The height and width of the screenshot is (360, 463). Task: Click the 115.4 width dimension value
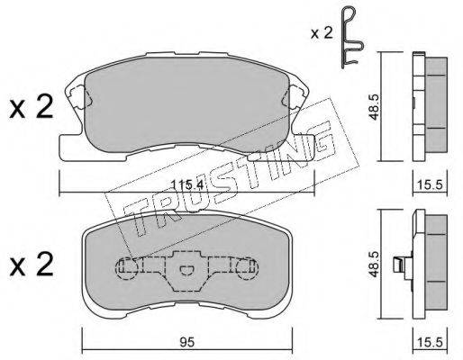click(x=187, y=185)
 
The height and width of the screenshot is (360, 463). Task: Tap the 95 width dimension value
click(x=186, y=342)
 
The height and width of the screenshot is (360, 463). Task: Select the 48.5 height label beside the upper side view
click(x=374, y=107)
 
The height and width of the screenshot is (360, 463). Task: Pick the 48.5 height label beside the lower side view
click(x=374, y=264)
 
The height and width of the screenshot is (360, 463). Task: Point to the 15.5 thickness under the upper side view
click(x=430, y=185)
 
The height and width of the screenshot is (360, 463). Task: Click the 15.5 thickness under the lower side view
click(x=430, y=342)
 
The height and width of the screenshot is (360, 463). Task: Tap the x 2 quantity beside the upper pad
click(x=32, y=107)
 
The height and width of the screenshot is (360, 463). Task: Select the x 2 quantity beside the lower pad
click(x=32, y=264)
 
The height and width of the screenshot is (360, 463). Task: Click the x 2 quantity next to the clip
click(x=322, y=33)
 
